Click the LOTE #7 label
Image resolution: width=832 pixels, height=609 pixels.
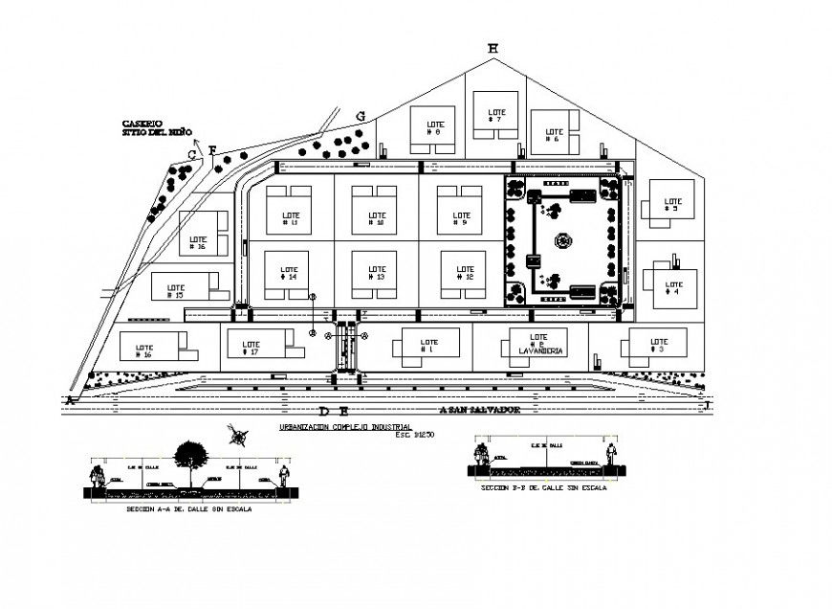coord(496,116)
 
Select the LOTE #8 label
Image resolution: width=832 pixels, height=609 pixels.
coord(428,128)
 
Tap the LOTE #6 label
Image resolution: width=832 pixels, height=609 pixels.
coord(552,134)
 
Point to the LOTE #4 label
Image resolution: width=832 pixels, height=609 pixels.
coord(672,287)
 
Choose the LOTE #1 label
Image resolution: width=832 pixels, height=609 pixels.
coord(424,344)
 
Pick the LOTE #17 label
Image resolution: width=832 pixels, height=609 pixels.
coord(252,348)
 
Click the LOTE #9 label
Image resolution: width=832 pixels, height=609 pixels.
coord(460,219)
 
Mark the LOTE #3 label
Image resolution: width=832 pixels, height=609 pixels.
coord(658,345)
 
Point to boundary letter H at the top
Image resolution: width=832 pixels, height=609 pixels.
coord(493,48)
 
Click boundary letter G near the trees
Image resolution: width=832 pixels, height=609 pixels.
coord(361,116)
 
